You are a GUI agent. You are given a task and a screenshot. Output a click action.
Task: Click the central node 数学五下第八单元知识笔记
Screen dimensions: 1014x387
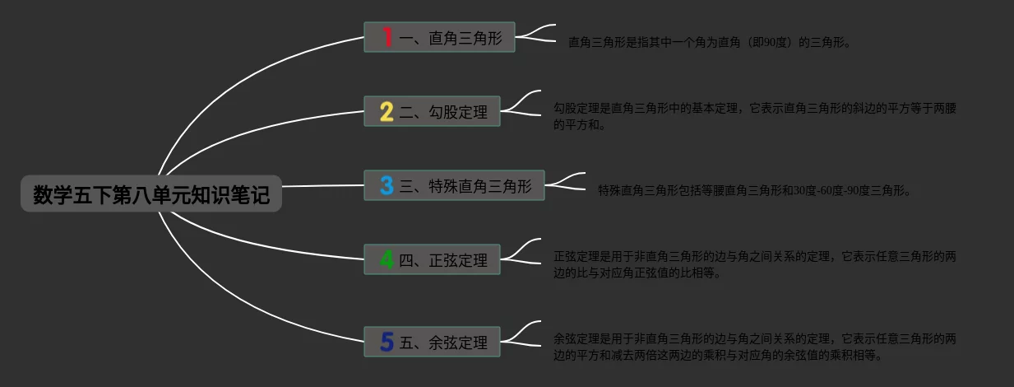151,194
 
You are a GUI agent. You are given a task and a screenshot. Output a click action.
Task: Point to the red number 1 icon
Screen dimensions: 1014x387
387,37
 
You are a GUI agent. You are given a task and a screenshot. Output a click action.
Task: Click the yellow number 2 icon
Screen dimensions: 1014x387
387,111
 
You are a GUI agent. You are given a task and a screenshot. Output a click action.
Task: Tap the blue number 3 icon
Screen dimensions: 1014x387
387,185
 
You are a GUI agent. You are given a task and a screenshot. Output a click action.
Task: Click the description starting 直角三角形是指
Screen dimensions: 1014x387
709,42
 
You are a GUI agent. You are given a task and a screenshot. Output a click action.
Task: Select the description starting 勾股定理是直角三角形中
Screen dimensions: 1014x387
755,116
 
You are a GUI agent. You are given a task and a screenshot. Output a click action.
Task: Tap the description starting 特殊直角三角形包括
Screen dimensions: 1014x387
754,190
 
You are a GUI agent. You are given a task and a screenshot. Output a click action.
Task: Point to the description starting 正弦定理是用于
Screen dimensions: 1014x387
754,264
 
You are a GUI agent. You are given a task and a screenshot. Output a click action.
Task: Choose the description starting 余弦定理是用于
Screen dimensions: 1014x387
754,347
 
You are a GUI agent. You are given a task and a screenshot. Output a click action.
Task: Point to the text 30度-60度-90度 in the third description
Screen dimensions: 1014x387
836,190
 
